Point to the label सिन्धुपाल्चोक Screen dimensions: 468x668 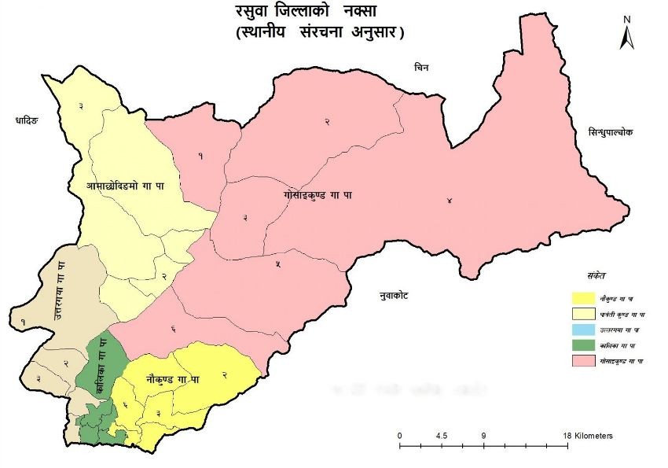[x=603, y=133]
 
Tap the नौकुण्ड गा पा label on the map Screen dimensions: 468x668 [x=172, y=379]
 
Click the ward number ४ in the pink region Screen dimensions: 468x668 [x=449, y=201]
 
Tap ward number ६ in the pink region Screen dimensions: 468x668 [x=171, y=329]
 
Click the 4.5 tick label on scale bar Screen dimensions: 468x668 [x=441, y=436]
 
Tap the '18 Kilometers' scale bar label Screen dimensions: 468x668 [x=587, y=436]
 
